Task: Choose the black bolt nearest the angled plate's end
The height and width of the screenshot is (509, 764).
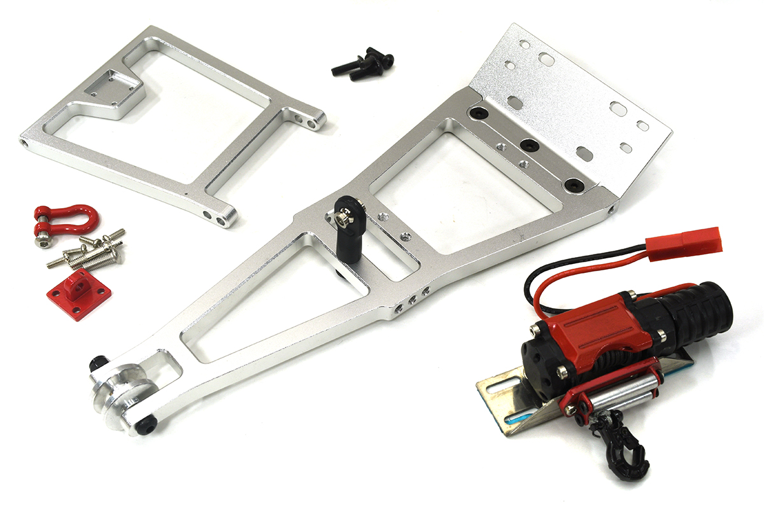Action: [572, 184]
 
